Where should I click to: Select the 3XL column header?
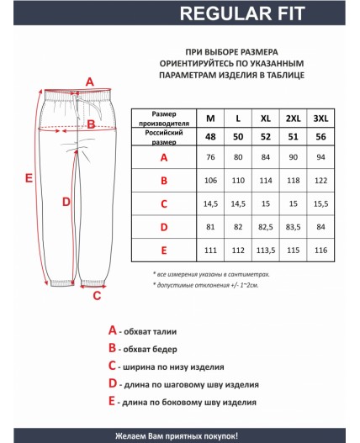(x=320, y=118)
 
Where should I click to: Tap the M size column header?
(x=210, y=118)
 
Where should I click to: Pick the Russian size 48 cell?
(x=210, y=136)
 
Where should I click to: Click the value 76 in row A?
(x=210, y=157)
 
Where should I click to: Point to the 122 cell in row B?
(x=320, y=180)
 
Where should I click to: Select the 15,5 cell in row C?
(x=320, y=203)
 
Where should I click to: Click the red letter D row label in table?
(x=163, y=227)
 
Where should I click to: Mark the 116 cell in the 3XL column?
(x=320, y=251)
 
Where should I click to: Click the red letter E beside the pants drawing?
(x=29, y=178)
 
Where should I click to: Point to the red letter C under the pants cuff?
(x=97, y=295)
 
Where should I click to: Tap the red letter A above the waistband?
(x=90, y=81)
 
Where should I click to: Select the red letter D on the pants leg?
(x=67, y=201)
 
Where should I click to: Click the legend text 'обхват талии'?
(x=153, y=331)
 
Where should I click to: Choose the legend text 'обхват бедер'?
(x=154, y=349)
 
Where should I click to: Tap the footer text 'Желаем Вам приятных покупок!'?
(x=179, y=434)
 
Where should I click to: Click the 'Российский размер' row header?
(x=163, y=136)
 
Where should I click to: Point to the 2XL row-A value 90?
(x=294, y=157)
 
